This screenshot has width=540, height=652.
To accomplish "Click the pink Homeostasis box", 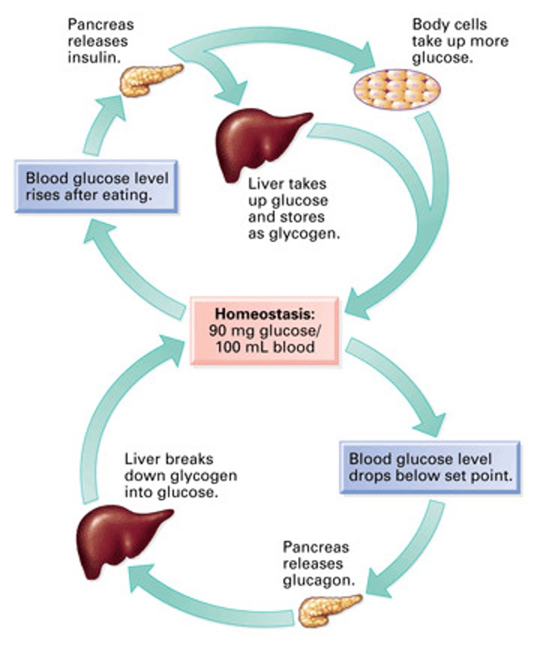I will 264,330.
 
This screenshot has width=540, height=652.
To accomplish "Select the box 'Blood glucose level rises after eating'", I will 96,186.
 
